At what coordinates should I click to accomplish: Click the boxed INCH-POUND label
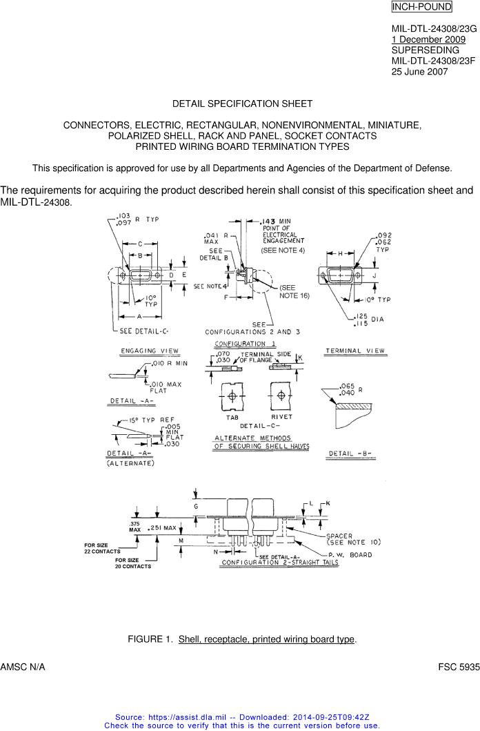[421, 7]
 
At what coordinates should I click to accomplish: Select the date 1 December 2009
[428, 39]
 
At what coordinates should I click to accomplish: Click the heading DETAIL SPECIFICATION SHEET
[242, 104]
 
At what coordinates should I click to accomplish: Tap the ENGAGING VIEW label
[150, 351]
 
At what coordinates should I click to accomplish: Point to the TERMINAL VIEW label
[355, 351]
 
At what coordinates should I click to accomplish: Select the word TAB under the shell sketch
[232, 417]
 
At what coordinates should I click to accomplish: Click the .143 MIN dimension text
[275, 221]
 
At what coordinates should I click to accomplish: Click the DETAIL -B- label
[351, 454]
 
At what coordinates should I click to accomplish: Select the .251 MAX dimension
[162, 528]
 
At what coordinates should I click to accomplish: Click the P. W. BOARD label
[350, 554]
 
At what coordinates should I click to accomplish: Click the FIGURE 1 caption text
[242, 639]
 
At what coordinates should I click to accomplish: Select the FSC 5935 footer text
[459, 668]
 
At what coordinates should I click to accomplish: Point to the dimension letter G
[196, 507]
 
